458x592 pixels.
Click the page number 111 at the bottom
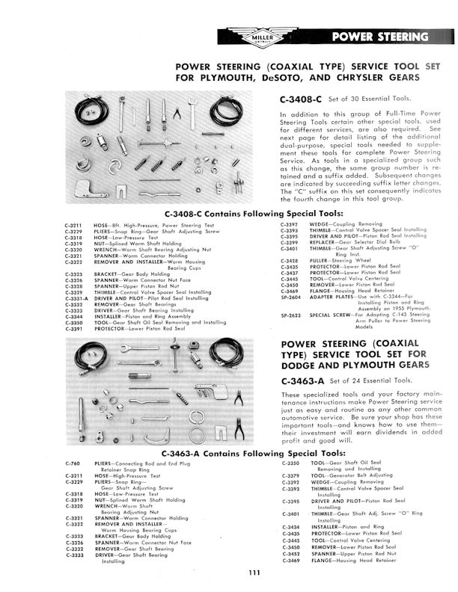[254, 574]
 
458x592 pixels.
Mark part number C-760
[70, 464]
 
